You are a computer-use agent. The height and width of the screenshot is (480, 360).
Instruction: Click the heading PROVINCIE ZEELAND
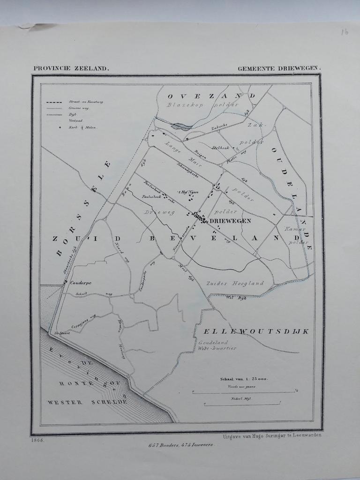click(x=71, y=68)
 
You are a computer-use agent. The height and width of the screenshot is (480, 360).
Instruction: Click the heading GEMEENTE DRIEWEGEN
click(x=279, y=68)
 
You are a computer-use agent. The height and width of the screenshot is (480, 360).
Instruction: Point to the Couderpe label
click(x=81, y=283)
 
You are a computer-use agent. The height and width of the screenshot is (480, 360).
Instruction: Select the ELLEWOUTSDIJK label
click(x=256, y=331)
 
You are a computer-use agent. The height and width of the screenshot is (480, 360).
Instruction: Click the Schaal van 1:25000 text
click(x=244, y=379)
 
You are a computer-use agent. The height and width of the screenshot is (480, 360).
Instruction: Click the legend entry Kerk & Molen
click(x=82, y=127)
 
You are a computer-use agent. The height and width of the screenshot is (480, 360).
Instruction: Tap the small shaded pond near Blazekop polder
click(x=182, y=126)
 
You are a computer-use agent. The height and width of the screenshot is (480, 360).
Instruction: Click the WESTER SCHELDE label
click(x=87, y=402)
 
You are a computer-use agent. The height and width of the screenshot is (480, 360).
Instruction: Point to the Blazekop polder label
click(x=202, y=105)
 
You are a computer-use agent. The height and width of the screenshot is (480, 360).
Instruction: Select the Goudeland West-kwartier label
click(x=217, y=345)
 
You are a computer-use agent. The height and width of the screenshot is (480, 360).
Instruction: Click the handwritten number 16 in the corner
click(x=345, y=32)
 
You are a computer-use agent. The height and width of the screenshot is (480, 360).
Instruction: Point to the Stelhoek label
click(x=220, y=148)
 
